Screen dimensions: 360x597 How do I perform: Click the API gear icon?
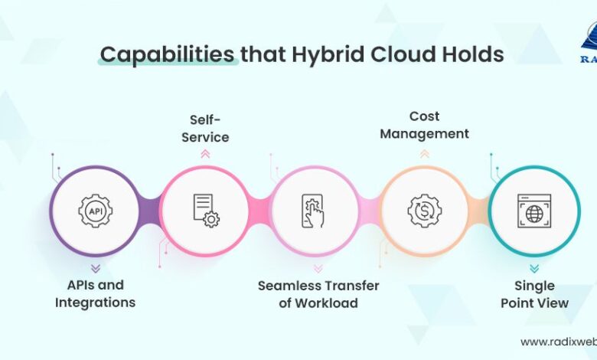pos(95,211)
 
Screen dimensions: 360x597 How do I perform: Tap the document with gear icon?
pos(205,211)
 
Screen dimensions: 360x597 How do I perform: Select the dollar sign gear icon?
pos(423,211)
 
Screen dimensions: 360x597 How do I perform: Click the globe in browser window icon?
pos(533,211)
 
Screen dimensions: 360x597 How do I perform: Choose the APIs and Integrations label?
pos(95,293)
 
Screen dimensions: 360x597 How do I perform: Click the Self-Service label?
pos(209,128)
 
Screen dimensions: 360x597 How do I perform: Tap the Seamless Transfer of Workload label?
pos(318,293)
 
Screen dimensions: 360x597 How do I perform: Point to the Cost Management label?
pos(424,125)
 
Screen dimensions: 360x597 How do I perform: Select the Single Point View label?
pos(534,294)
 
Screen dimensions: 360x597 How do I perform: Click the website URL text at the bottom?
pos(558,342)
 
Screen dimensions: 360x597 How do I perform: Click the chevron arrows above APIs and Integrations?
pos(95,268)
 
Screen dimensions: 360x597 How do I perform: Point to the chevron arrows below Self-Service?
pos(205,153)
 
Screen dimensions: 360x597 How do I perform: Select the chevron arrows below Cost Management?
pos(424,153)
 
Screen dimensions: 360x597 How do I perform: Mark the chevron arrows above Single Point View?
pos(534,268)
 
